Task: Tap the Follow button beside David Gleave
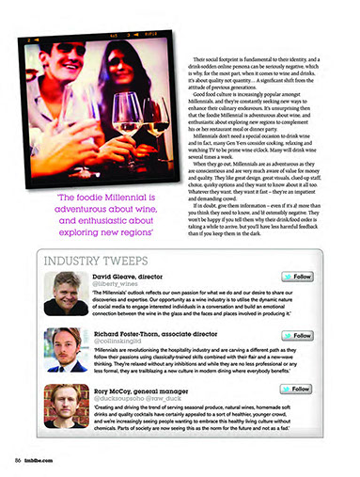[300, 277]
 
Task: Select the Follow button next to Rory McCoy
[300, 389]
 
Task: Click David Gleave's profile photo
[66, 293]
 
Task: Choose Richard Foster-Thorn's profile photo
[66, 349]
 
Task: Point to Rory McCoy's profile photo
[66, 405]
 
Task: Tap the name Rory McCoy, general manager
[141, 389]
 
